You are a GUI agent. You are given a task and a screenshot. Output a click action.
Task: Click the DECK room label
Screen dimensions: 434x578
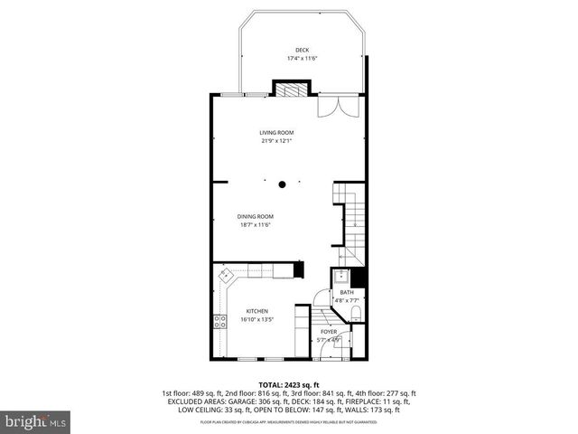tap(301, 50)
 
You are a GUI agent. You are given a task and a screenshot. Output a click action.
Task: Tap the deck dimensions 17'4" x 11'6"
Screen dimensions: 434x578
tap(301, 59)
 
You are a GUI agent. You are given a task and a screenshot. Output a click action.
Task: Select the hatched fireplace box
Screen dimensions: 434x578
tap(290, 89)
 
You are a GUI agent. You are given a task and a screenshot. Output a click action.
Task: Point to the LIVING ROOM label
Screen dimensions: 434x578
tap(276, 132)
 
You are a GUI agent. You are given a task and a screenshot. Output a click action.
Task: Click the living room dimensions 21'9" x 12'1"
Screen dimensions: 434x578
tap(276, 141)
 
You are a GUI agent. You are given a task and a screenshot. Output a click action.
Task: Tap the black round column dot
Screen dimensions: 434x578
tap(283, 184)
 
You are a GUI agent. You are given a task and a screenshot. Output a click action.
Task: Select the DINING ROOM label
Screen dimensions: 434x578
tap(256, 216)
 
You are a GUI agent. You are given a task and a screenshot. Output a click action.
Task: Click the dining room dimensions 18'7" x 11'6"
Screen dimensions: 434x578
tap(256, 225)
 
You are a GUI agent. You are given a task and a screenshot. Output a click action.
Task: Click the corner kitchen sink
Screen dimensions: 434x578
tap(226, 274)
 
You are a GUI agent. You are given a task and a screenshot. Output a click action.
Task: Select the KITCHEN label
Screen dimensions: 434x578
tap(256, 311)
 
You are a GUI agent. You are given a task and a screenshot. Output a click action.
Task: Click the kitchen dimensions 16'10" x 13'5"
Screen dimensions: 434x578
tap(256, 320)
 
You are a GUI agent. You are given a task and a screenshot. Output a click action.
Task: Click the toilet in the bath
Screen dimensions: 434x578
tap(356, 314)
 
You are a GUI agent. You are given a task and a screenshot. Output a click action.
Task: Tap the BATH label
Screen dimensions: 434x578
tap(347, 293)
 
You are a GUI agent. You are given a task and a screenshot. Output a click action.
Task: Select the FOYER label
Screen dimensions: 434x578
tap(329, 332)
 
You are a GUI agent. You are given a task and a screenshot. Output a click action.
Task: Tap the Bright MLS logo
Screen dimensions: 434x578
tap(36, 421)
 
